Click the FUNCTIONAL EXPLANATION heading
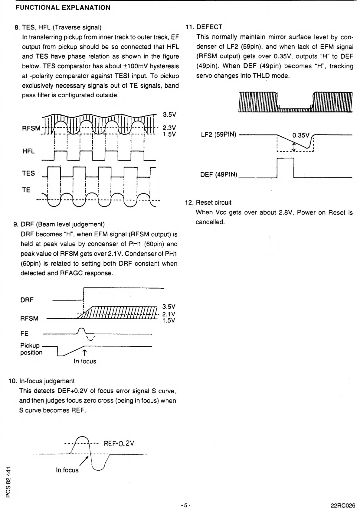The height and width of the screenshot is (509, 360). tap(63, 8)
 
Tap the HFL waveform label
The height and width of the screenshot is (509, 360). tap(28, 151)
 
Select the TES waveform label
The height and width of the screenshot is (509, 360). tap(28, 173)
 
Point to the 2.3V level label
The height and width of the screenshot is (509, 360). tap(169, 128)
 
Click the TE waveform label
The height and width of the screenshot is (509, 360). tap(26, 190)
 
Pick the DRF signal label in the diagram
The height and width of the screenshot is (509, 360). tap(27, 300)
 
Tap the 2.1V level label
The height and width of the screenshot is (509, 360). tap(169, 314)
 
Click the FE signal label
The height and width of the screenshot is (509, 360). tap(25, 334)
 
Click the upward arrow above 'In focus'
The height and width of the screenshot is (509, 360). tap(84, 352)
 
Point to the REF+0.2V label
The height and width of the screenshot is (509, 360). tap(119, 443)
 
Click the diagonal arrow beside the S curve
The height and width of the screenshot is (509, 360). tap(83, 461)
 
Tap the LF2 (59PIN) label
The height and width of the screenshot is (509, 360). tap(218, 135)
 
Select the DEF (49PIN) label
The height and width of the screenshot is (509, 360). tap(219, 175)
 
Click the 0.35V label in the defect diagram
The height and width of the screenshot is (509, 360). tap(301, 135)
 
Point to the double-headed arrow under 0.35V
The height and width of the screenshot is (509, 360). tap(294, 147)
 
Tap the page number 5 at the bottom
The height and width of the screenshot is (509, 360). tap(185, 505)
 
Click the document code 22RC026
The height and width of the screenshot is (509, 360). tap(343, 505)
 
